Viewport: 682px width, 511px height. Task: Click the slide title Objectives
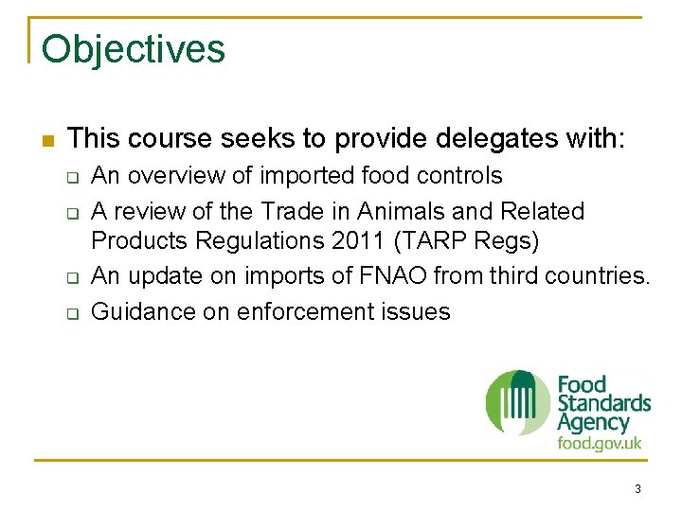[x=134, y=49]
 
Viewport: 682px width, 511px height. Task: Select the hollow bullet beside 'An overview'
[x=71, y=178]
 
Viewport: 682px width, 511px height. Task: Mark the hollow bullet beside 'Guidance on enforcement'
[x=71, y=313]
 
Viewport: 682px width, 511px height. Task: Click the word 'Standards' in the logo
[x=603, y=404]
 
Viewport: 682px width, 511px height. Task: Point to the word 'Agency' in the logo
[x=593, y=423]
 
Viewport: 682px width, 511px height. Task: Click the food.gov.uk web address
[x=600, y=443]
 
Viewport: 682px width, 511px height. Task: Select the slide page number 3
[x=637, y=489]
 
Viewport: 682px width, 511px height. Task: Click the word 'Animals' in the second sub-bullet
[x=401, y=210]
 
